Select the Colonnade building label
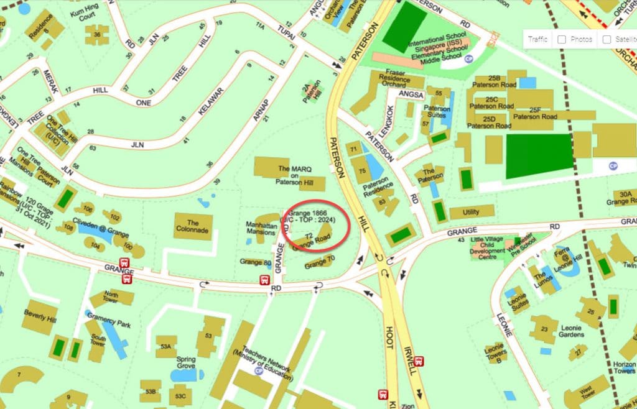pyautogui.click(x=193, y=227)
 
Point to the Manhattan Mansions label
pyautogui.click(x=261, y=228)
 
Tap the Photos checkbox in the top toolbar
pyautogui.click(x=562, y=39)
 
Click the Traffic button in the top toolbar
pyautogui.click(x=537, y=39)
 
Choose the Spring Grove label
pyautogui.click(x=185, y=363)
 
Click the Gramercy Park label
pyautogui.click(x=109, y=324)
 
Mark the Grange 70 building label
pyautogui.click(x=320, y=265)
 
